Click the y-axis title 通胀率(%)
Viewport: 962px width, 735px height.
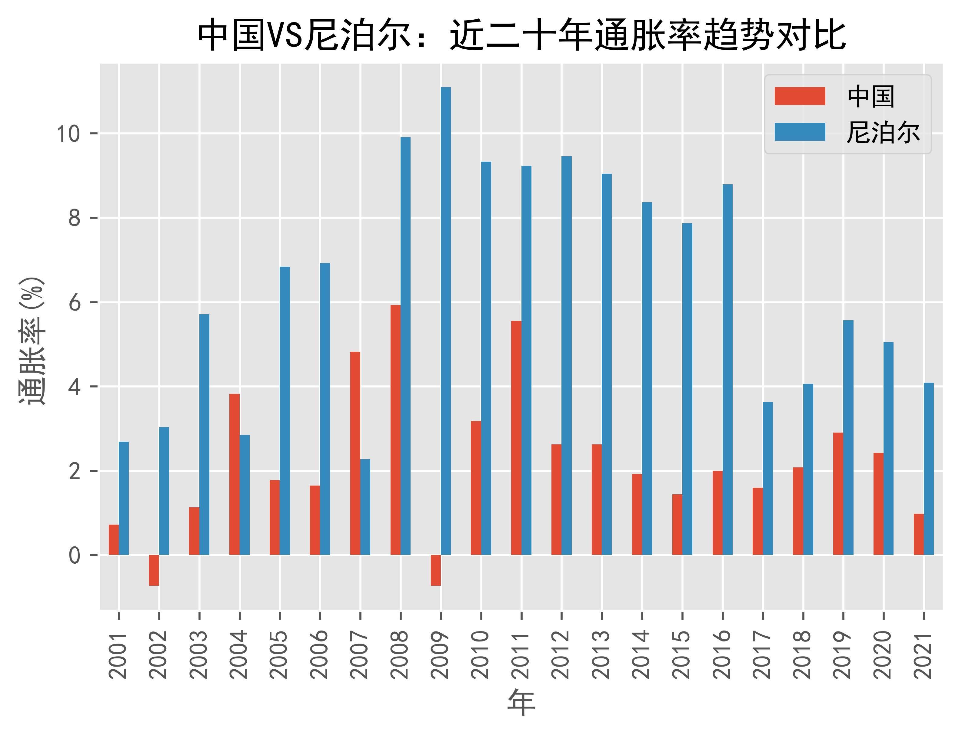[x=32, y=341]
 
